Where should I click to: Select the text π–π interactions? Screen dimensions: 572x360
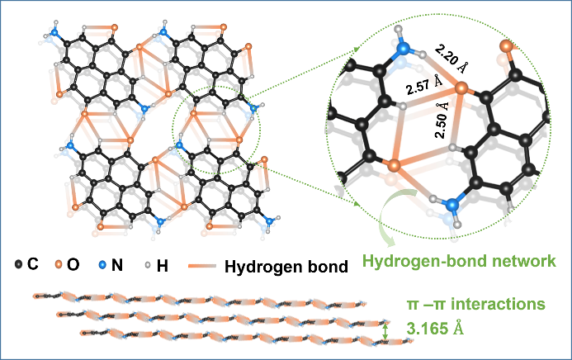[x=476, y=305]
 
